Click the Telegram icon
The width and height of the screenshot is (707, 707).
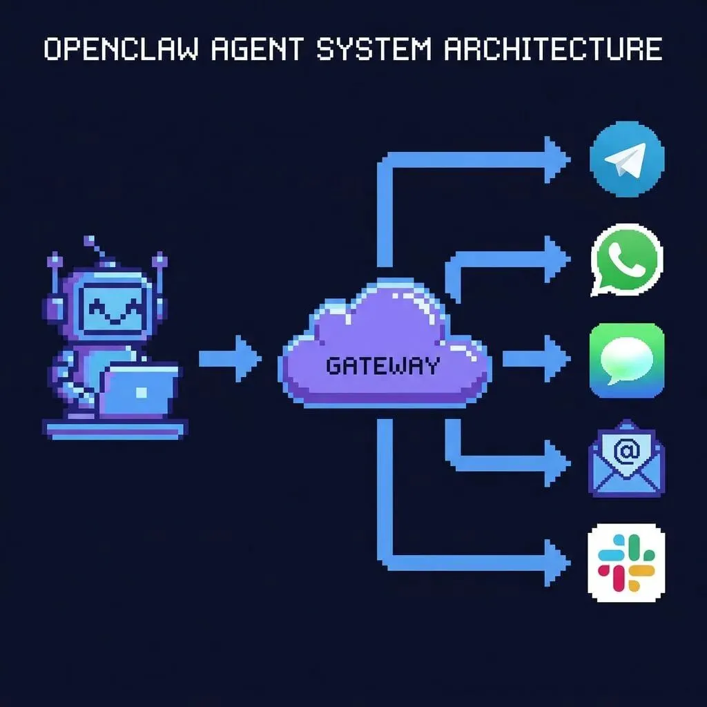[627, 159]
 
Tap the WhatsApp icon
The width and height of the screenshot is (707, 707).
[627, 260]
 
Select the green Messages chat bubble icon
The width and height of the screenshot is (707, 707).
[627, 360]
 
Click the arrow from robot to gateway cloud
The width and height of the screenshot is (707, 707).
[231, 359]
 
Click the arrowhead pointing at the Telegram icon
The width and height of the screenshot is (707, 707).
[556, 160]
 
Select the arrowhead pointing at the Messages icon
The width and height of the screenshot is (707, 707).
[556, 359]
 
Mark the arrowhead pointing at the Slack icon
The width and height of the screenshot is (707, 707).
[556, 561]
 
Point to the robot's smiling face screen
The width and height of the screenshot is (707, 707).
[114, 309]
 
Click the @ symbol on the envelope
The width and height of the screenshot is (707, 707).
[626, 453]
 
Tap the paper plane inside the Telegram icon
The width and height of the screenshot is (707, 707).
[624, 161]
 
